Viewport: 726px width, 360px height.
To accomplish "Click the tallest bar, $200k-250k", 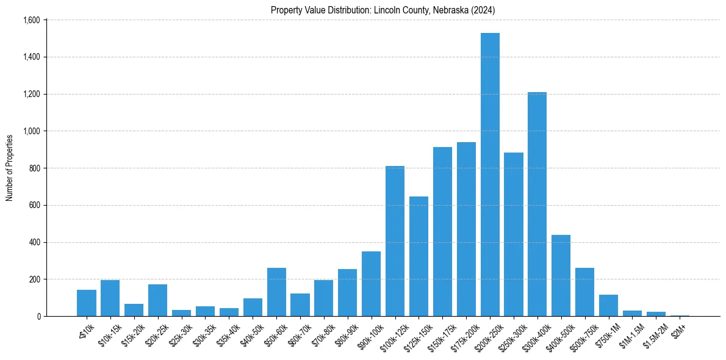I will pos(490,175).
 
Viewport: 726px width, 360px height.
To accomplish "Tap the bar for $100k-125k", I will pos(395,241).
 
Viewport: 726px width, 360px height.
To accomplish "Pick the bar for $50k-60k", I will pos(276,292).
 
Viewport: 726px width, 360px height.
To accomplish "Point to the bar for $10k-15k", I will pos(110,298).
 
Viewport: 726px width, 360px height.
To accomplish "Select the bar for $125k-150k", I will pos(419,256).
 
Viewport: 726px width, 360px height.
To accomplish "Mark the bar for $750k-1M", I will pos(609,306).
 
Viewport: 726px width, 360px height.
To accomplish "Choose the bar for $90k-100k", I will pos(371,284).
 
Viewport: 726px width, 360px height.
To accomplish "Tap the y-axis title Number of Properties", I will pos(10,168).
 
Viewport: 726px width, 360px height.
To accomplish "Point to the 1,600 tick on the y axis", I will pos(31,20).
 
